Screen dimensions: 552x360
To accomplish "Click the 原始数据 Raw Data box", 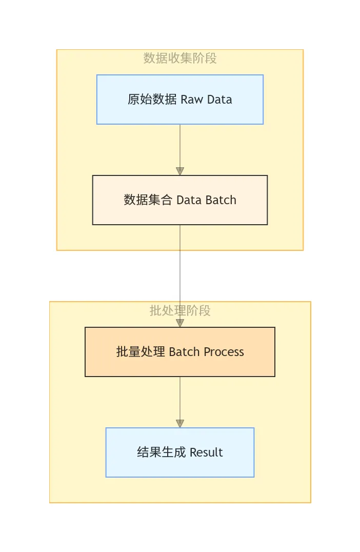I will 179,100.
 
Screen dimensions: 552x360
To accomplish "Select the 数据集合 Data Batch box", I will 179,200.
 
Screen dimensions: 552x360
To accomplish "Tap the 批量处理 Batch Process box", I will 179,352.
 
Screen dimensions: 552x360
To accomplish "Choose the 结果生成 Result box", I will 179,452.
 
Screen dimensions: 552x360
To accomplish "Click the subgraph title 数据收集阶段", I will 180,58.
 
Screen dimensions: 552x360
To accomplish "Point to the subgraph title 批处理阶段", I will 180,310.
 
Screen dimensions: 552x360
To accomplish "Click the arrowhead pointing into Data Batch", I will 180,171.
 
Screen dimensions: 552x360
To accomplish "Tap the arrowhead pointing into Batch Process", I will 180,323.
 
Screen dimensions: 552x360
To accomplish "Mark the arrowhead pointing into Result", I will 180,424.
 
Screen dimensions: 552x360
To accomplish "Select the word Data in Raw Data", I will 219,100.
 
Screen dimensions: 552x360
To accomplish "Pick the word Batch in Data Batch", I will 221,200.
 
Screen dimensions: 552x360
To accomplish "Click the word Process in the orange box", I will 224,352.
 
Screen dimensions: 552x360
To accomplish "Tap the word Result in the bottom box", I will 206,452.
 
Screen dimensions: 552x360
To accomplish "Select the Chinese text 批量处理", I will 141,352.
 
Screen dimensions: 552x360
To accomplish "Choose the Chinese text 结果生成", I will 161,452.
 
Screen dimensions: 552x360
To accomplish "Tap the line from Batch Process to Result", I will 180,398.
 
